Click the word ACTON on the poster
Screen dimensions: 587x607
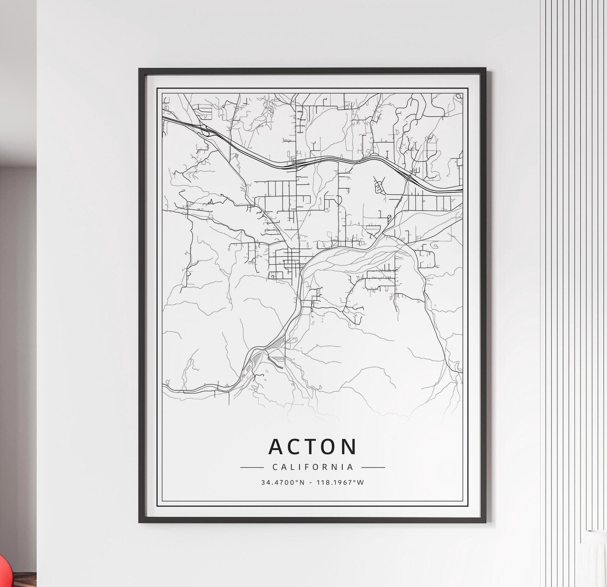(x=312, y=447)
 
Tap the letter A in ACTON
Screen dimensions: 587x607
(x=278, y=447)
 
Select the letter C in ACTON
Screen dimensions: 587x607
(x=296, y=447)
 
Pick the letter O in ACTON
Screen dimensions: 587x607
(x=329, y=447)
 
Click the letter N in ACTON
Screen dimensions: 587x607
(x=348, y=447)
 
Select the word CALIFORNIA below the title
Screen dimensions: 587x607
(x=312, y=467)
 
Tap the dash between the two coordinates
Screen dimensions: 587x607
(x=312, y=482)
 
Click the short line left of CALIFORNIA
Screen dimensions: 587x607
(x=252, y=467)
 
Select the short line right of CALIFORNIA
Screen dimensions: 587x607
(x=373, y=467)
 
